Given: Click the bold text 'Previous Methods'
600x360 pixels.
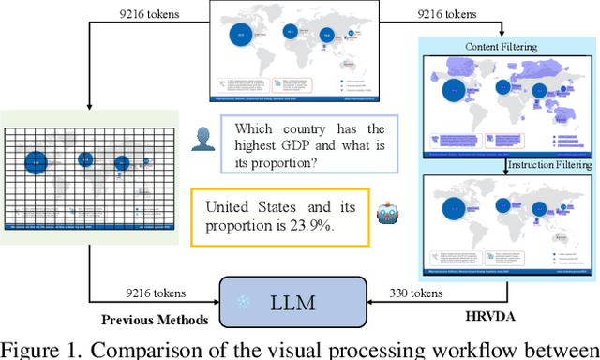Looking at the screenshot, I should point(156,320).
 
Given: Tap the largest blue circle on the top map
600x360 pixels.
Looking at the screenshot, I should point(241,36).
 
